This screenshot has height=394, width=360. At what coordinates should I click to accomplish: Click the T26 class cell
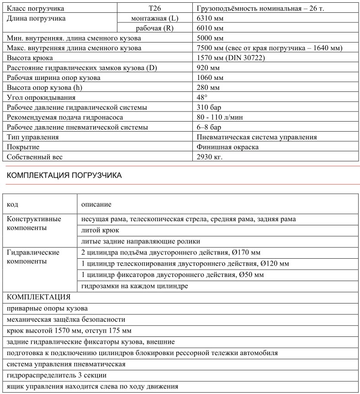[155, 8]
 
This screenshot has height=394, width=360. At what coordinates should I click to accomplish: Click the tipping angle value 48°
[202, 97]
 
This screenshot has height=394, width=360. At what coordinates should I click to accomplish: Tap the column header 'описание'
[96, 204]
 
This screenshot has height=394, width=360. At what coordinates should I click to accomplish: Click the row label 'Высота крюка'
[29, 58]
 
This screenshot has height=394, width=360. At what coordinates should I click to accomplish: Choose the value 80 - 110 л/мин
[220, 117]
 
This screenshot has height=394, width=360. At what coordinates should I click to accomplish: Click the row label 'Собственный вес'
[35, 157]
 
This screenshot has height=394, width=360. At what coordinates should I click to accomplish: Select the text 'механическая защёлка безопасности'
[66, 319]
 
